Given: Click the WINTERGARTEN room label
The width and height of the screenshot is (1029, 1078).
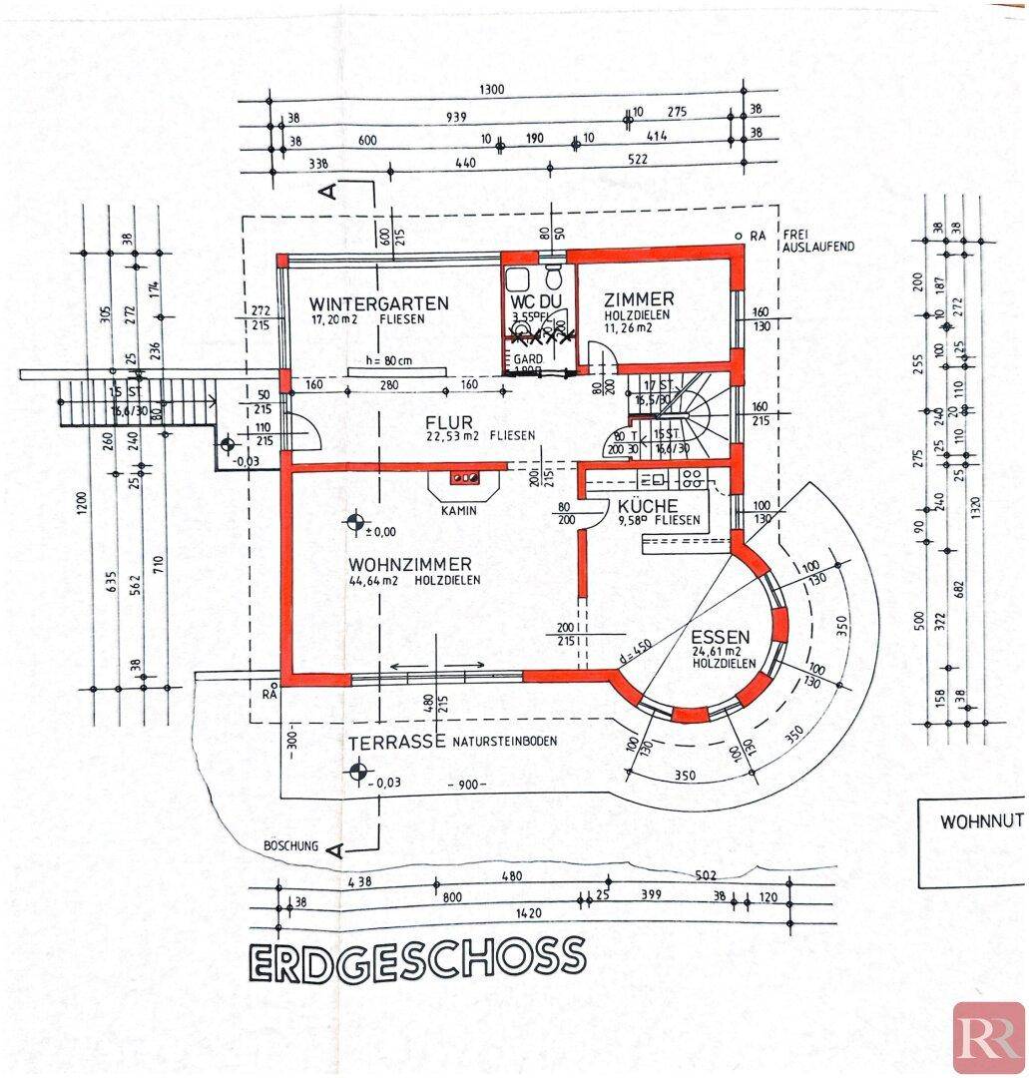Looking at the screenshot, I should [364, 302].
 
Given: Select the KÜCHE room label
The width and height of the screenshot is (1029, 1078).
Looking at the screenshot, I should [649, 505].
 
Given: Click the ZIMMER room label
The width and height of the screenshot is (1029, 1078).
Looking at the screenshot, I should [639, 298].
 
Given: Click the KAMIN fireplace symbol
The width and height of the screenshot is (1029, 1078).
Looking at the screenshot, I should [464, 479].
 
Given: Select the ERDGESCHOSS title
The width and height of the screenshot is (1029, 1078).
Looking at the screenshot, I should [415, 957].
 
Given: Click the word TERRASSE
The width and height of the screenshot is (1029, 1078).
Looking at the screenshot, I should [396, 743].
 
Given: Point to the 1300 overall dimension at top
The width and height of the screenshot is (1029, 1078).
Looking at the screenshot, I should [492, 90].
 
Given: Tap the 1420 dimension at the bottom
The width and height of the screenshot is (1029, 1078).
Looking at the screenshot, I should [515, 912].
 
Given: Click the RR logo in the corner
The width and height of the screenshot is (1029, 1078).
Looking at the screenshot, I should [988, 1036].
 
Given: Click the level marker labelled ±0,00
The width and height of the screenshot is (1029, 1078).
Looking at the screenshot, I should [355, 521].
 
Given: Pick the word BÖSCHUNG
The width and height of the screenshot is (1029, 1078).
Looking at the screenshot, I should [290, 846].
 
